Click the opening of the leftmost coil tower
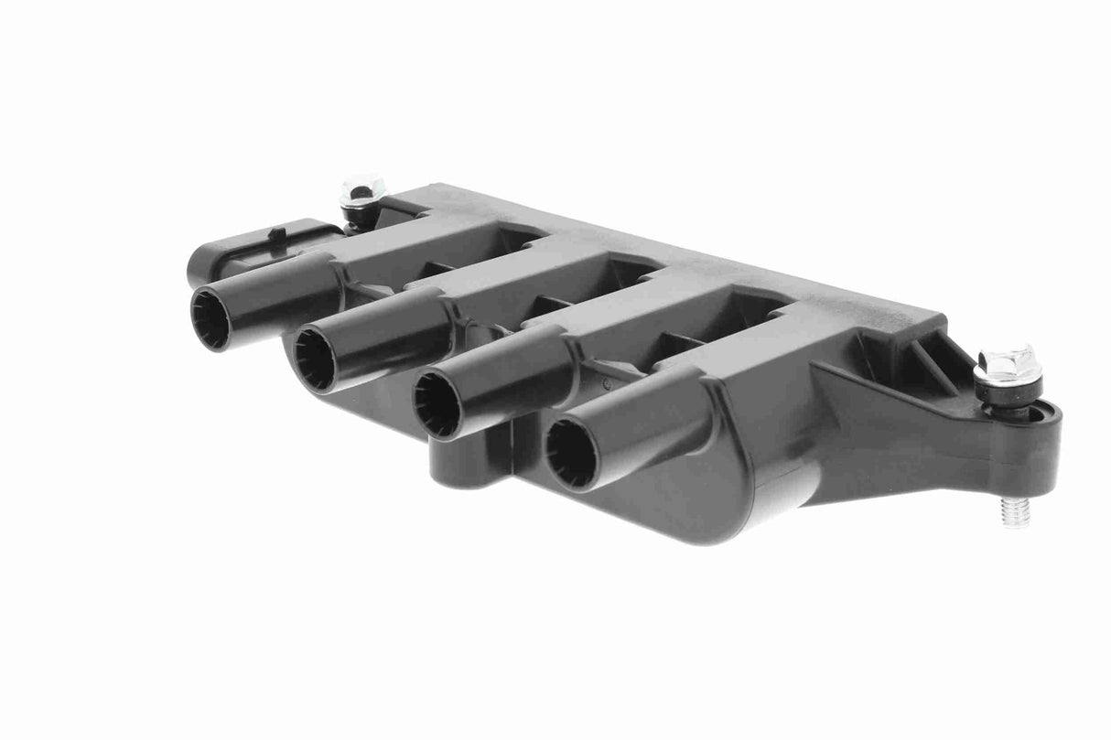coord(210,319)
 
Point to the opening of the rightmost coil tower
coord(571,453)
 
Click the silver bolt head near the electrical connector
coord(361,193)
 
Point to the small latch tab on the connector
coord(274,234)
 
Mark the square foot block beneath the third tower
coord(471,462)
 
